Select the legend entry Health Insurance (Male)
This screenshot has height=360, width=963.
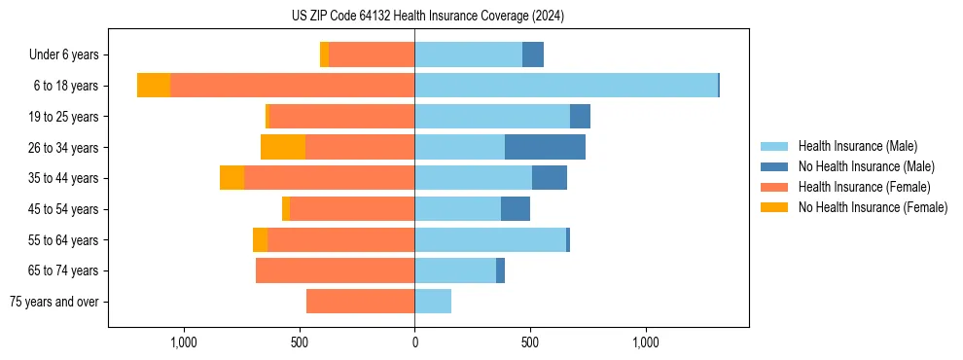click(857, 146)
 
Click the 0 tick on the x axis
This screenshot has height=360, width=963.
click(414, 342)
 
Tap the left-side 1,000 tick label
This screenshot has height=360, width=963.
click(184, 342)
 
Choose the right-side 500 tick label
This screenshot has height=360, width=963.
click(530, 342)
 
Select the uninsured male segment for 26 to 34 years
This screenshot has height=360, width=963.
click(545, 147)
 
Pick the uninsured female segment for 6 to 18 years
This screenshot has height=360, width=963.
click(154, 86)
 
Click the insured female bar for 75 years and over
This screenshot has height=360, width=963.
click(360, 302)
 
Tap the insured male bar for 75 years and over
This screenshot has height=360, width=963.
click(433, 302)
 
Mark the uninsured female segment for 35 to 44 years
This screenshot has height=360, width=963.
click(232, 178)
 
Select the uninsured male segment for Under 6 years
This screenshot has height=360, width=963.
click(533, 54)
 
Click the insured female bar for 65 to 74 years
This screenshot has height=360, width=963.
click(335, 270)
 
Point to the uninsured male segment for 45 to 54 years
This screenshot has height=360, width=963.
click(516, 209)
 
